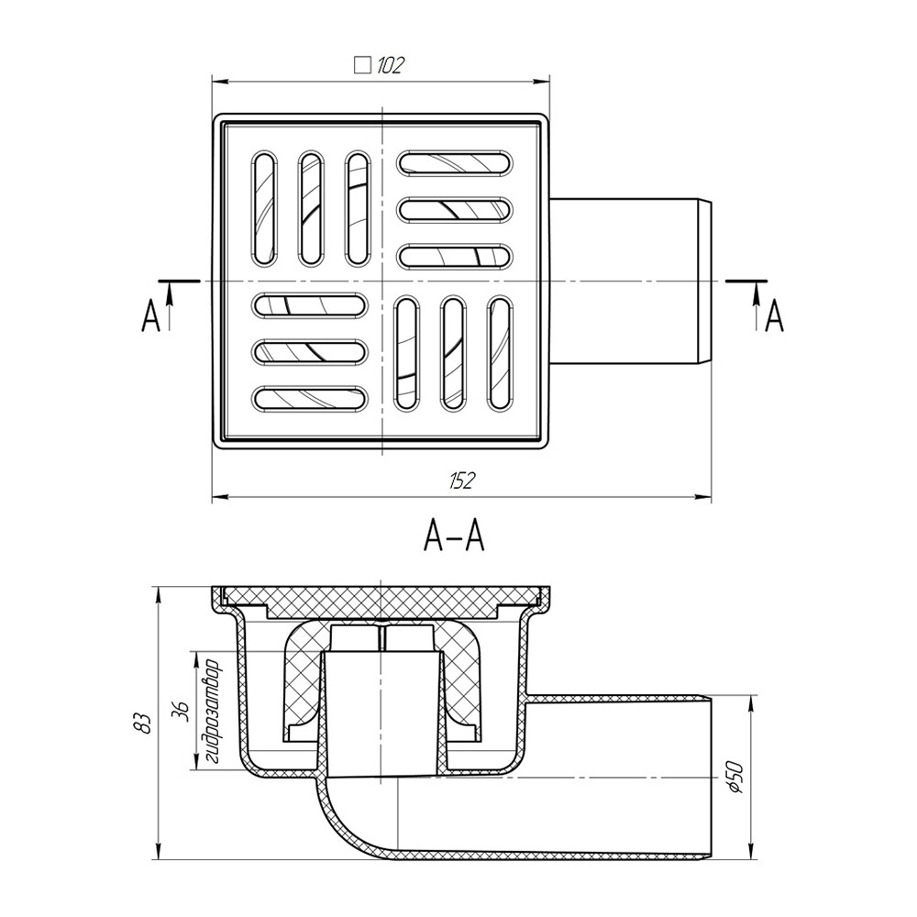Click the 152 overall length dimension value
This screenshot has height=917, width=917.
pos(463,480)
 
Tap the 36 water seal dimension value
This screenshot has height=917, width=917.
pos(181,711)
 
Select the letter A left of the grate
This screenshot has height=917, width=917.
pos(150,317)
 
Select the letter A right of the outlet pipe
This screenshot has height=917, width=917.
pos(775,316)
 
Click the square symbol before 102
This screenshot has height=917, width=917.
pos(362,65)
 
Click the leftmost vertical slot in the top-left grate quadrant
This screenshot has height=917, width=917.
pos(264,208)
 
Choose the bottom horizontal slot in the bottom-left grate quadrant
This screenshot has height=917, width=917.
pos(311,397)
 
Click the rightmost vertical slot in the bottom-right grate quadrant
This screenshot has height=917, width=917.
pos(500,352)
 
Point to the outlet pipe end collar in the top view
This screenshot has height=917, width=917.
pos(705,279)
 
